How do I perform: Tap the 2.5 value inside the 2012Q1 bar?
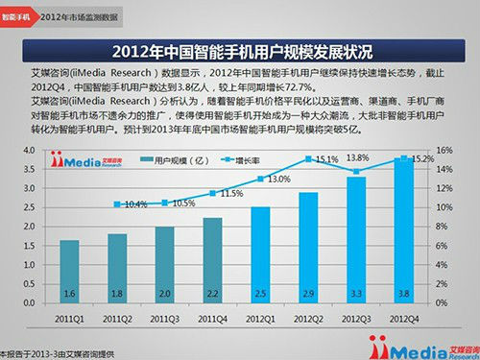259,293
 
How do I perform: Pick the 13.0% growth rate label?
278,179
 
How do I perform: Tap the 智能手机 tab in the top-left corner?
20,16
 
